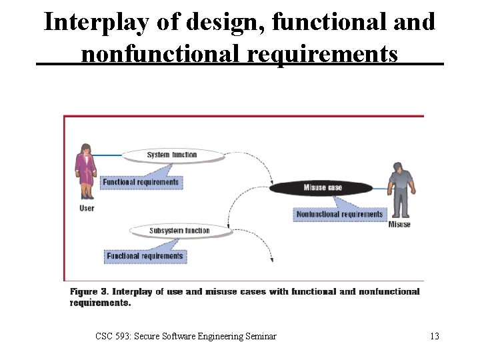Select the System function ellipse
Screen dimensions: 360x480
click(172, 155)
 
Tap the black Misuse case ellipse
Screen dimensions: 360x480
click(322, 188)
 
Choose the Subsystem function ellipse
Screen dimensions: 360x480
click(179, 231)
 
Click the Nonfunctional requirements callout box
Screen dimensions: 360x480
click(339, 214)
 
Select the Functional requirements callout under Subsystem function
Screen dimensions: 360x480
click(145, 256)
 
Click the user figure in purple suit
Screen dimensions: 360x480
click(85, 172)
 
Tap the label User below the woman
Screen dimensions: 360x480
click(87, 208)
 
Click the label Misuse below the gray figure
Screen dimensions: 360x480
click(399, 225)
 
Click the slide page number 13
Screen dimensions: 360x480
click(434, 337)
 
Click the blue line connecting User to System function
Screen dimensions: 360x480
click(110, 156)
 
